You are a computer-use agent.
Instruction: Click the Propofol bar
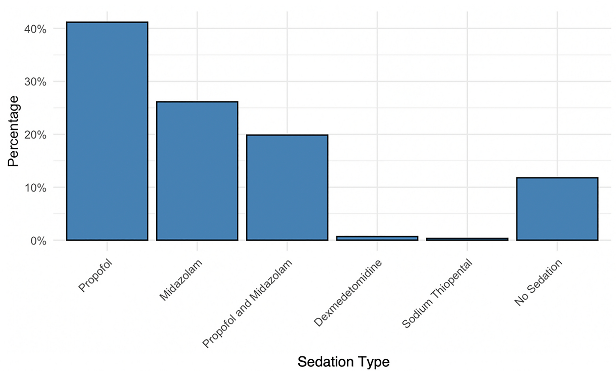click(107, 131)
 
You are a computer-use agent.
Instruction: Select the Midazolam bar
click(197, 171)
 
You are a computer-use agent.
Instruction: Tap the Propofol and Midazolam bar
click(287, 187)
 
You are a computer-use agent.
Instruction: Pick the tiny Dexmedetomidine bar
click(377, 238)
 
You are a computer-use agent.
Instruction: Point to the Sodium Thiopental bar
click(467, 239)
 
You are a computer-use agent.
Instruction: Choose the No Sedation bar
click(557, 209)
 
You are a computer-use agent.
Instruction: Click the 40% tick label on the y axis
click(36, 29)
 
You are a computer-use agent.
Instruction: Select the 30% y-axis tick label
click(36, 82)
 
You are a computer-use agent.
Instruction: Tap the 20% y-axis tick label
click(36, 135)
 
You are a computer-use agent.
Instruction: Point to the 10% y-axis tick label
click(36, 188)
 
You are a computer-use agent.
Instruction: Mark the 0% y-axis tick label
click(38, 241)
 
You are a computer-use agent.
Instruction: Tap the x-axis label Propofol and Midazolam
click(247, 303)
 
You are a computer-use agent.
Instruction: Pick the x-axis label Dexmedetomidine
click(348, 293)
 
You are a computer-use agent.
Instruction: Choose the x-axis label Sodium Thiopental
click(437, 294)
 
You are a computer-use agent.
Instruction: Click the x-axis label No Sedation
click(538, 282)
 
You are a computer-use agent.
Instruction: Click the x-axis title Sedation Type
click(343, 362)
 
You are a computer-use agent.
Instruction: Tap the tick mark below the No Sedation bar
click(557, 247)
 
